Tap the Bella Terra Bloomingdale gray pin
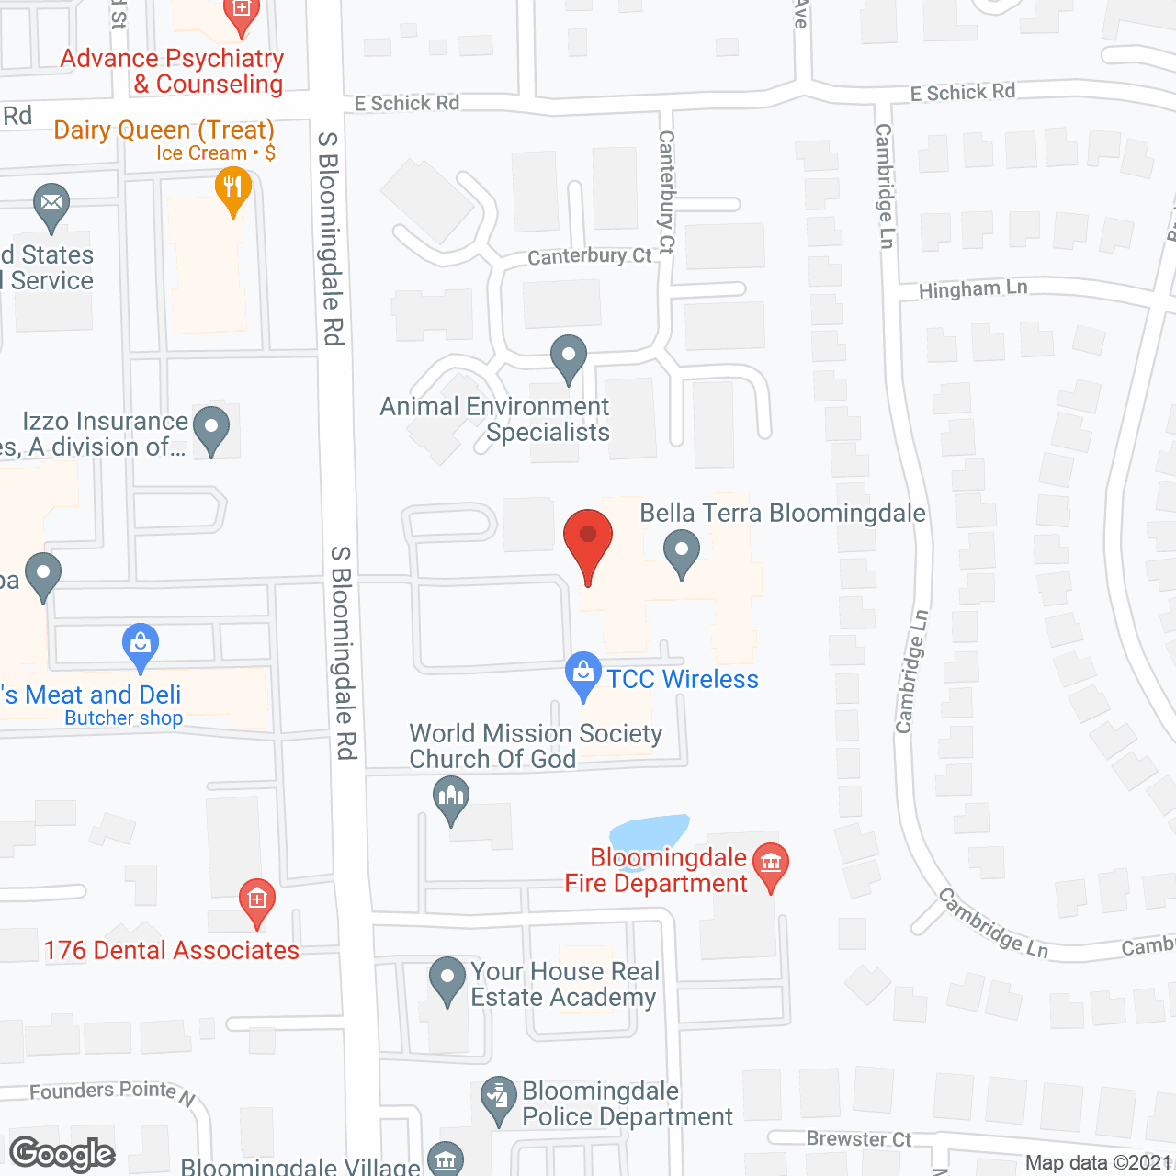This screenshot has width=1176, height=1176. (682, 552)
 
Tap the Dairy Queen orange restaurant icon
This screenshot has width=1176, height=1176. (233, 190)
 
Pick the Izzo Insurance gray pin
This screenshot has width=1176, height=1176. (212, 428)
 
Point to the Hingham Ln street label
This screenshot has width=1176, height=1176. (973, 289)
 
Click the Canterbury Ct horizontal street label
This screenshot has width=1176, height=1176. (589, 256)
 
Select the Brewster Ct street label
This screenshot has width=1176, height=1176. (858, 1139)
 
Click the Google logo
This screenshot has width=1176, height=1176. (62, 1154)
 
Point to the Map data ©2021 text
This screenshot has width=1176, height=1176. (1098, 1162)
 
